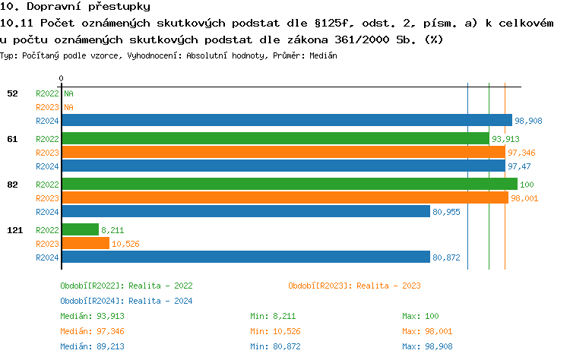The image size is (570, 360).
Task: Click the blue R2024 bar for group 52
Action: (287, 120)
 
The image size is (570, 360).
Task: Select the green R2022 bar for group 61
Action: (274, 138)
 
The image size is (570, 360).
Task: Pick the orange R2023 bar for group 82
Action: (284, 197)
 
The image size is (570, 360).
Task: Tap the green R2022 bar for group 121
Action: (80, 229)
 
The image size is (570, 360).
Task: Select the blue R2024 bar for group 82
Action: (245, 211)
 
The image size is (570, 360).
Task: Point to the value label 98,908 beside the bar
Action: (528, 121)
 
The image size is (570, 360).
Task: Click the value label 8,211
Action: (112, 229)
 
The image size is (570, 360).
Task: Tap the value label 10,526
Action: (125, 244)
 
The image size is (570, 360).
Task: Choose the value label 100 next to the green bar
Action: (527, 185)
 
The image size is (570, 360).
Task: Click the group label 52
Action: (12, 93)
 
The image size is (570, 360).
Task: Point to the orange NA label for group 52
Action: (68, 107)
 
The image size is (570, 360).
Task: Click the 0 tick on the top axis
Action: (61, 78)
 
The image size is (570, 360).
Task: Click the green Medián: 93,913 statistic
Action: (92, 316)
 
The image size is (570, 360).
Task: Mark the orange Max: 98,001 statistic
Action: (431, 331)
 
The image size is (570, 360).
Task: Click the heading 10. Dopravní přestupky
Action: (68, 7)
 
